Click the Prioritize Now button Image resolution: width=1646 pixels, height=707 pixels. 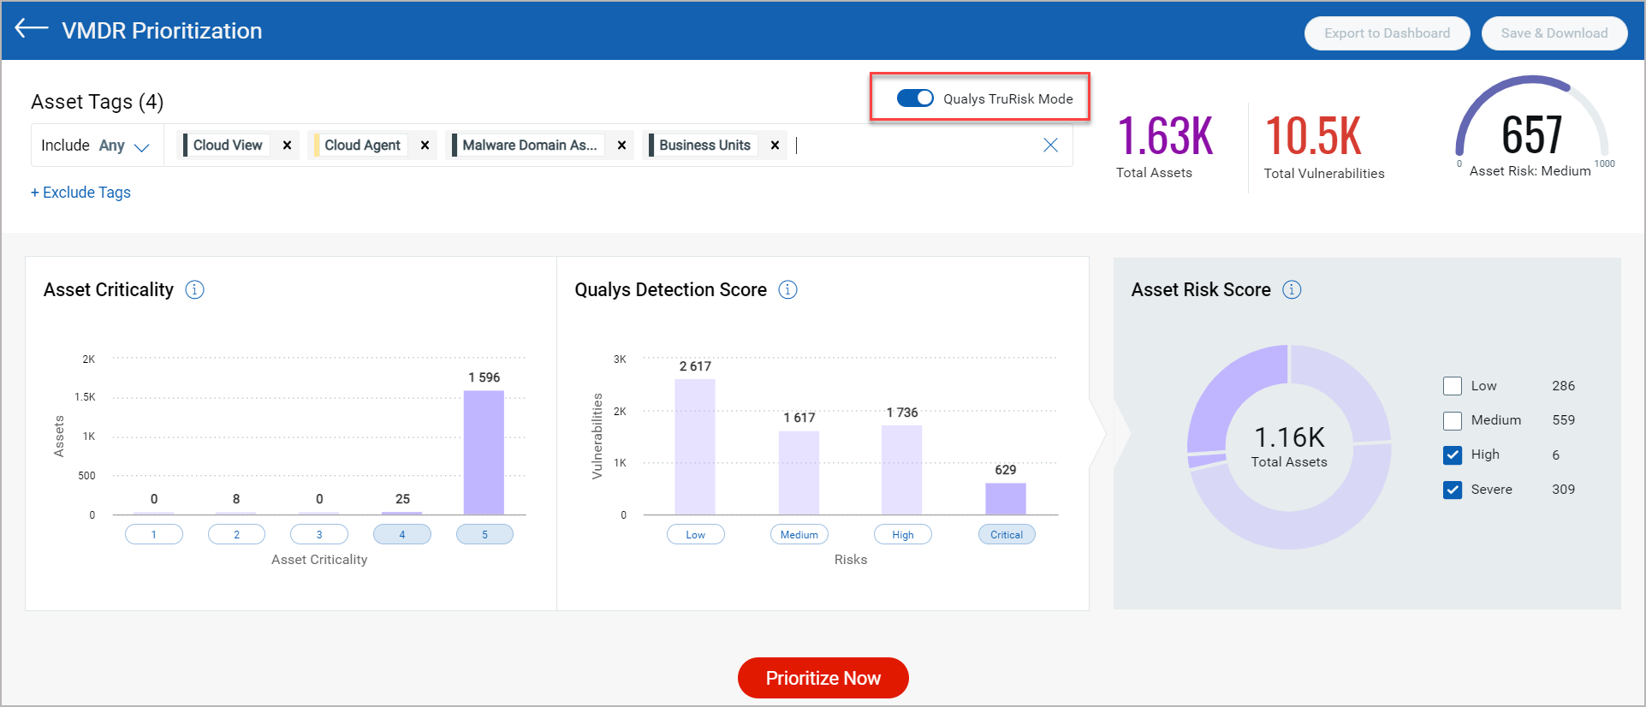[823, 678]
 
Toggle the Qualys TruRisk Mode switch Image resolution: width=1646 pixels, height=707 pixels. [915, 98]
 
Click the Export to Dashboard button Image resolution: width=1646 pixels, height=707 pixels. [1387, 33]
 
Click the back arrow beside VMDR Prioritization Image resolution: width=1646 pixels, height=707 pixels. [32, 28]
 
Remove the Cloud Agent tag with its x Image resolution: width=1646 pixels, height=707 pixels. [425, 146]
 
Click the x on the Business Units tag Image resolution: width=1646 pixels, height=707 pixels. [775, 146]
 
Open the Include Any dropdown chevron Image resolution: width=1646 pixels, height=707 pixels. [142, 147]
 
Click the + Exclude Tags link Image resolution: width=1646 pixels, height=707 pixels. [81, 193]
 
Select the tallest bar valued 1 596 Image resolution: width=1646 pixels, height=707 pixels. [484, 452]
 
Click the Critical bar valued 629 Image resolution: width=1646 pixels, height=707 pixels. [1005, 498]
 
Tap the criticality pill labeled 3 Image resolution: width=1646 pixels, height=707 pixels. [319, 535]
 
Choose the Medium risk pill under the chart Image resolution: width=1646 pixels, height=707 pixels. [799, 535]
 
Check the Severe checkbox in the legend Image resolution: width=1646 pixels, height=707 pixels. [1453, 490]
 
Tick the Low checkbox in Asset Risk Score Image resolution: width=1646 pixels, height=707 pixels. [1453, 386]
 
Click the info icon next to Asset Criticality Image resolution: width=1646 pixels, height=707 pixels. [195, 290]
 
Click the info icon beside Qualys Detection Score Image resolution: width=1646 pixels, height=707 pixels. [787, 290]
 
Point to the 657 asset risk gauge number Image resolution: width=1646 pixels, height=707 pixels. [1531, 135]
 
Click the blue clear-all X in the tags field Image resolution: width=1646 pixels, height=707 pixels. [1050, 146]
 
